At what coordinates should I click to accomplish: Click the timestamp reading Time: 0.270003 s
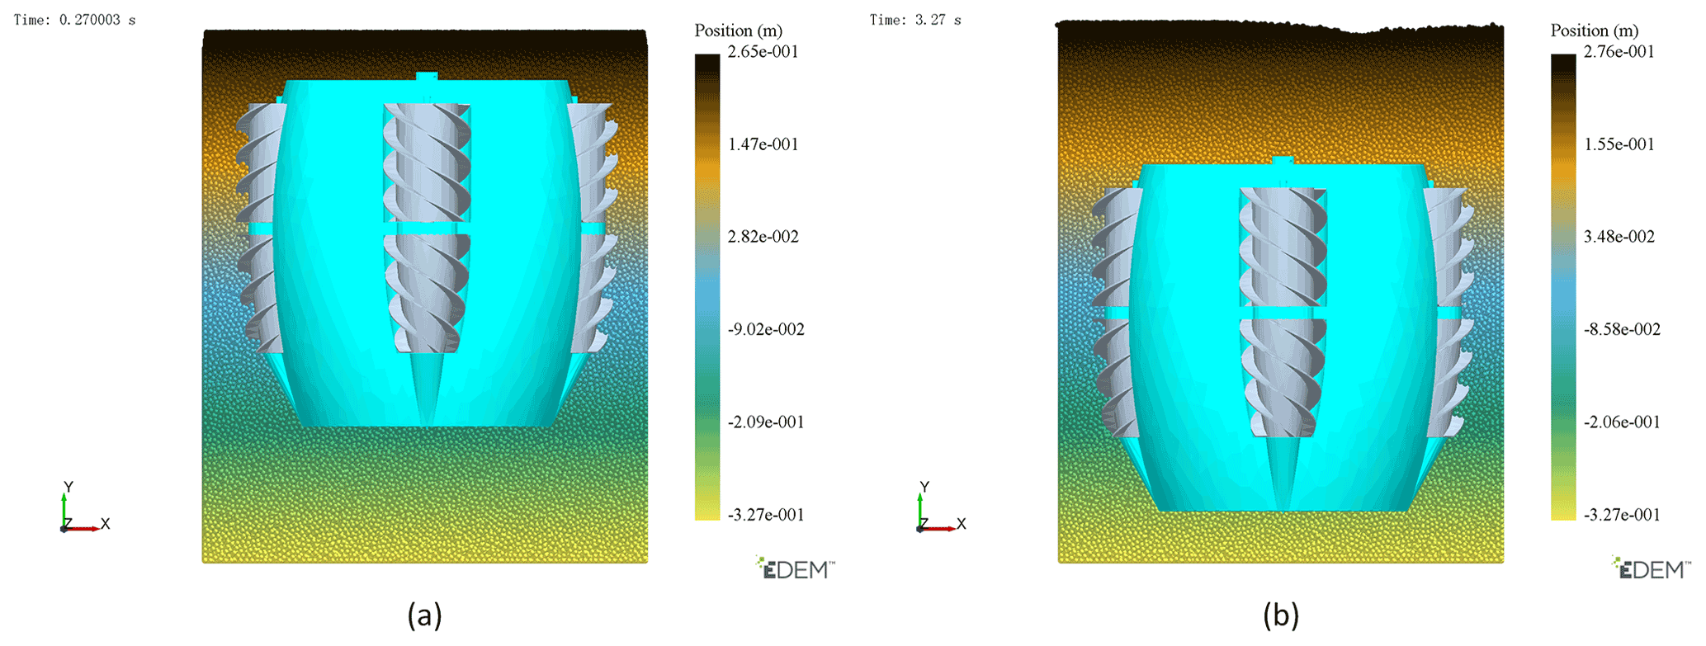74,20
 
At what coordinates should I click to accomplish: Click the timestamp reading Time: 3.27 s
915,20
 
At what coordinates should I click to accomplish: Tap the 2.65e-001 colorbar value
763,52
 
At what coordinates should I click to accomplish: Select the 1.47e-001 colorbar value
763,144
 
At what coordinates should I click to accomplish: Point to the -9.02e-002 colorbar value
766,329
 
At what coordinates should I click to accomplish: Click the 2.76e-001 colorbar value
1619,52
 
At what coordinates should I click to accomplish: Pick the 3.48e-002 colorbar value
1619,237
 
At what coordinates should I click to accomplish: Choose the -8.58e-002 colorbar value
1622,329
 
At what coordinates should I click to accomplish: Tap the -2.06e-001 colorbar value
1622,422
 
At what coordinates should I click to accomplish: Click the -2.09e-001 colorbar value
766,422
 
